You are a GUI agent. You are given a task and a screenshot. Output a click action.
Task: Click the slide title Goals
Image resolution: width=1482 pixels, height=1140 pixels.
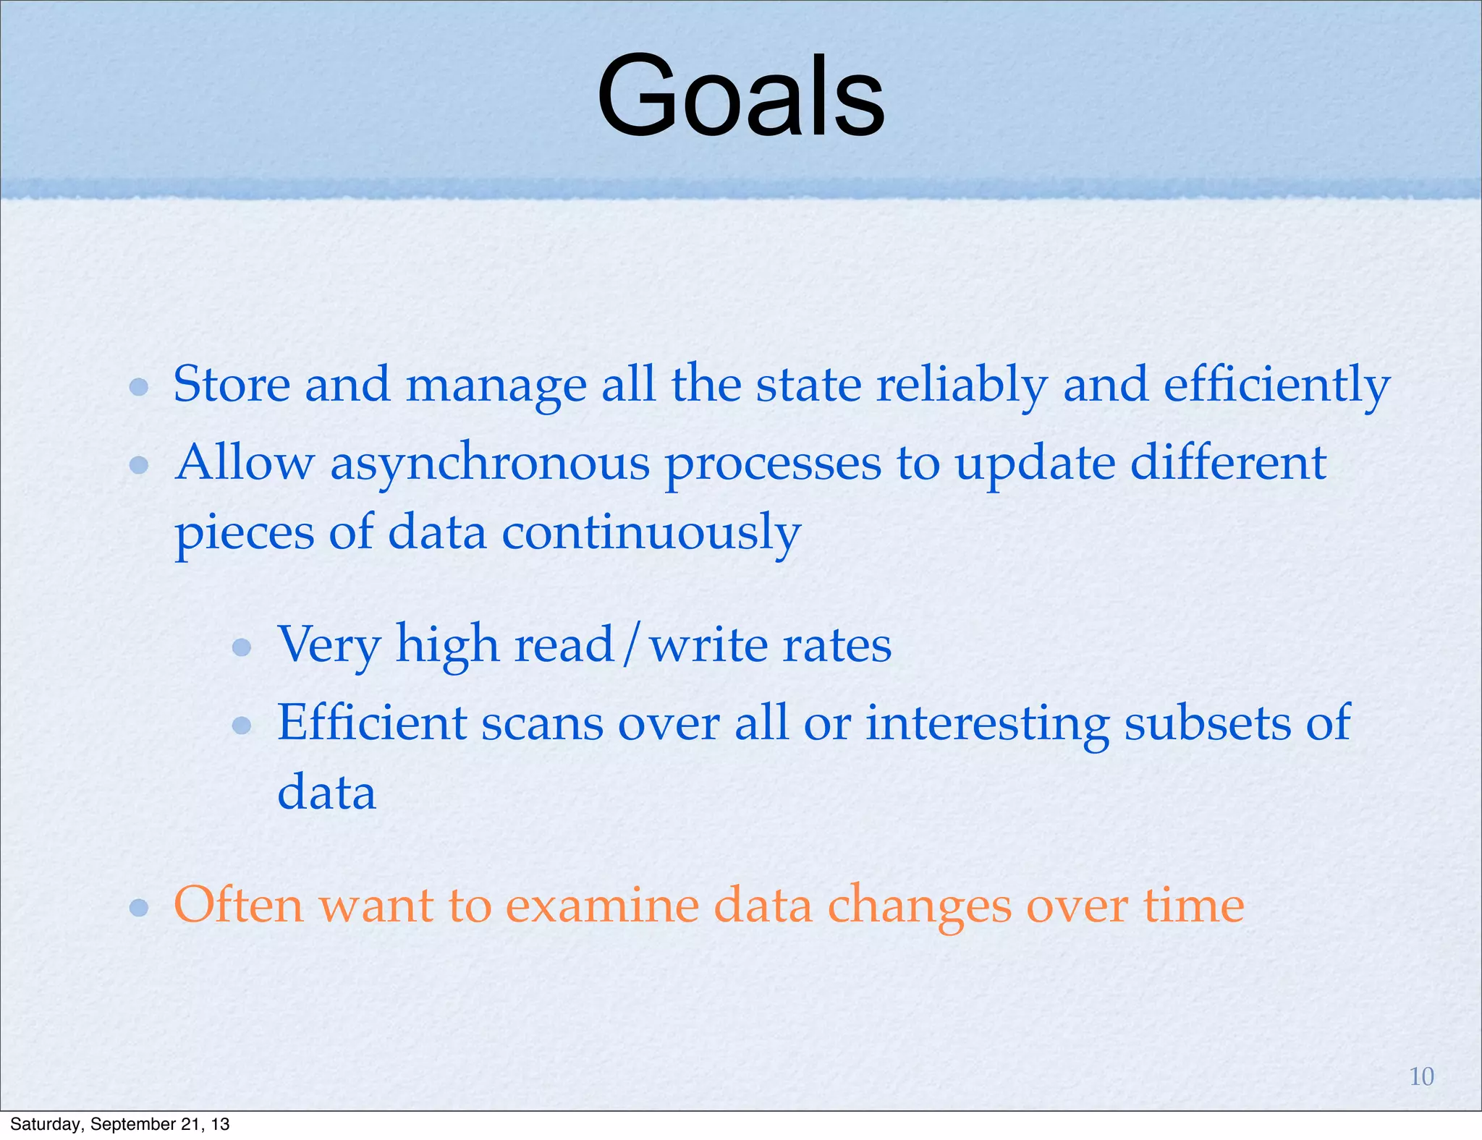[x=740, y=96]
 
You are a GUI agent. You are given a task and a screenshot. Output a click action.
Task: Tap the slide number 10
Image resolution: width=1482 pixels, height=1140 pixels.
[x=1421, y=1076]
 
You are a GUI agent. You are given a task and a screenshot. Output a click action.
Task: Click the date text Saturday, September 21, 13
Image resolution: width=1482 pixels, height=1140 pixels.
[x=120, y=1124]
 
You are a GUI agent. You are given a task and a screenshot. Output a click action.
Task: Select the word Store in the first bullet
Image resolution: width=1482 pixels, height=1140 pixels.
[x=231, y=384]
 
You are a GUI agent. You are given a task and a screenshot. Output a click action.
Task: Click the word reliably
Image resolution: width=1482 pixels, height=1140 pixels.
[x=962, y=386]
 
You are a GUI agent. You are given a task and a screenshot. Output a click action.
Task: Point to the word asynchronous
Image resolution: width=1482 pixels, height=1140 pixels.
[x=490, y=464]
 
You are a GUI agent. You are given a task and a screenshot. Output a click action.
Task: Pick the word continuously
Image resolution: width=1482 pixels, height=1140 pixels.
[x=651, y=533]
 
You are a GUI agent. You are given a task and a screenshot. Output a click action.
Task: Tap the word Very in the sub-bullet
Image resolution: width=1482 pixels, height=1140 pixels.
[x=329, y=645]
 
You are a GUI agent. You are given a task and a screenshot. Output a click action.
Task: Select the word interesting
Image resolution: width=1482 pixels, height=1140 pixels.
[x=987, y=723]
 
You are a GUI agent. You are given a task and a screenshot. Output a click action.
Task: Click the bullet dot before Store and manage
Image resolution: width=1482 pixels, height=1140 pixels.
[x=139, y=387]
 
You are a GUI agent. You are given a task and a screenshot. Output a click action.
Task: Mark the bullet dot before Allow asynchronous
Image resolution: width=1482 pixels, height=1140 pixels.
[x=139, y=465]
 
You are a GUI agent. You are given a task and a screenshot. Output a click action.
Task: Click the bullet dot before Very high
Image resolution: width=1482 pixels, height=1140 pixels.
[x=242, y=647]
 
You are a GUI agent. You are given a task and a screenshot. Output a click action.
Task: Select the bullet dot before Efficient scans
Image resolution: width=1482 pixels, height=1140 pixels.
[x=242, y=725]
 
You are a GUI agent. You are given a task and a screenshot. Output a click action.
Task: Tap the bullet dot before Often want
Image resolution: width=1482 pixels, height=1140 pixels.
[x=139, y=907]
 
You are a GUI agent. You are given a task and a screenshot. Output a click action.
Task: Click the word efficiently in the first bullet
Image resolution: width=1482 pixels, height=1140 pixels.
[x=1276, y=386]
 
